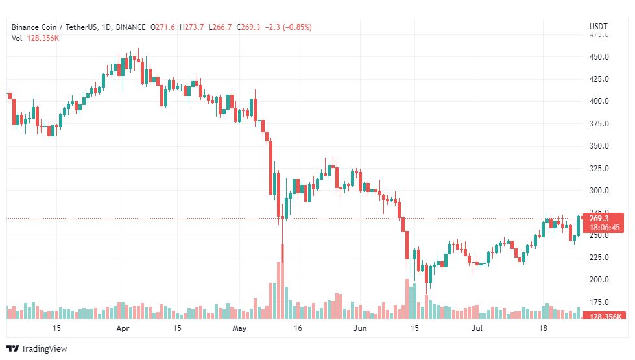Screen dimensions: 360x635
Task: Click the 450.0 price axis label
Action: (598, 57)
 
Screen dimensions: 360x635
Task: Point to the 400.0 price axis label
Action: (598, 101)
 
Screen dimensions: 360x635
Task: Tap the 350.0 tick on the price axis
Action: (598, 146)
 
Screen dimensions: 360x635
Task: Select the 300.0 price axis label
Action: (598, 191)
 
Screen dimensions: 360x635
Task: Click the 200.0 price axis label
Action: (598, 280)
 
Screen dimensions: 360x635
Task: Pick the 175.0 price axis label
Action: (598, 302)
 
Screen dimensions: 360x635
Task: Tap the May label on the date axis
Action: (240, 329)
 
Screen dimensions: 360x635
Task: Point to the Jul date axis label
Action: (477, 329)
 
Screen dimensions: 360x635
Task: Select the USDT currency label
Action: (597, 27)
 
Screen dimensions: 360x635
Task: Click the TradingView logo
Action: (37, 348)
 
